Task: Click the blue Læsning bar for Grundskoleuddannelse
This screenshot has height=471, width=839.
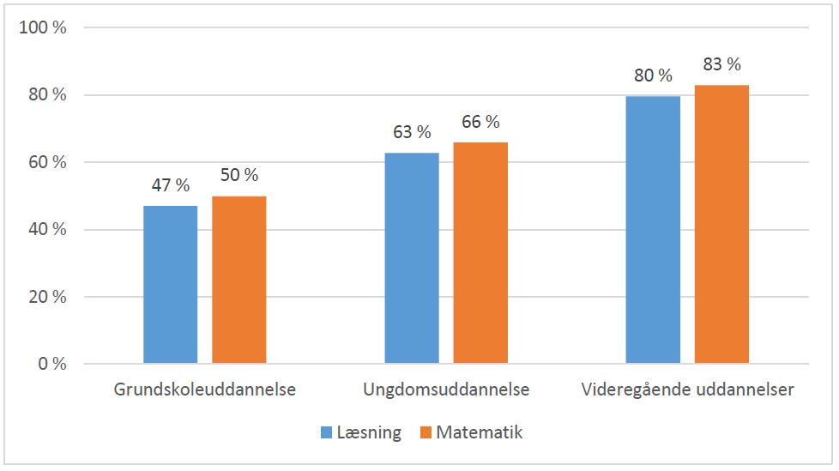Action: pyautogui.click(x=170, y=285)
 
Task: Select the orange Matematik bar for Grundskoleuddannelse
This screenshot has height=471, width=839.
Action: pyautogui.click(x=238, y=281)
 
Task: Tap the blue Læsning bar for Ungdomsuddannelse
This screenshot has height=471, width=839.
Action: pyautogui.click(x=412, y=258)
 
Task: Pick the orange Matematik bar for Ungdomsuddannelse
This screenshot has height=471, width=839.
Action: pyautogui.click(x=480, y=253)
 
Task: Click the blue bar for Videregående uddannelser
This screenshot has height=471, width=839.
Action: pyautogui.click(x=653, y=230)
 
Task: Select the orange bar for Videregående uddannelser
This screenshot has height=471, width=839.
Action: pyautogui.click(x=721, y=225)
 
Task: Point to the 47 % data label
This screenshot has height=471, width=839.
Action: pyautogui.click(x=170, y=186)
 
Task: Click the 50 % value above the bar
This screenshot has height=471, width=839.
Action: pyautogui.click(x=238, y=175)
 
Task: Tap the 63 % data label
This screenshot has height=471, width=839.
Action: pyautogui.click(x=412, y=132)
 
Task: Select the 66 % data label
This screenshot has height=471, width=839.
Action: pyautogui.click(x=480, y=121)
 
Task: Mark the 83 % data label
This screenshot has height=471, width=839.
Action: pyautogui.click(x=721, y=64)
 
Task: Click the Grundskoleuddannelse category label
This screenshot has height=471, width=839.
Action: pyautogui.click(x=205, y=389)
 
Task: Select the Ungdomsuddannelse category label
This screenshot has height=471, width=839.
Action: pyautogui.click(x=446, y=389)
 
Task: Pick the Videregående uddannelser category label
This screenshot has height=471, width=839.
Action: pyautogui.click(x=687, y=389)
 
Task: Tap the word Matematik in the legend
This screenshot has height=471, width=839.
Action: pyautogui.click(x=479, y=432)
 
